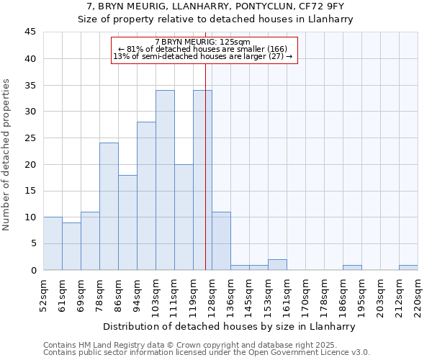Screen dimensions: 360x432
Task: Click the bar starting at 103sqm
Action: click(165, 180)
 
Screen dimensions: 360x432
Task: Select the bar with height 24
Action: click(109, 207)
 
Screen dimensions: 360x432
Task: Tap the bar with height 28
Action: click(146, 196)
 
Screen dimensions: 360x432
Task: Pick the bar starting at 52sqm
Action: click(53, 243)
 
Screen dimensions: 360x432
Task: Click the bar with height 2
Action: click(277, 265)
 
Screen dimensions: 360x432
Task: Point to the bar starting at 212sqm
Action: click(408, 268)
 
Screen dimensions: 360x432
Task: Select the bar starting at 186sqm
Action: click(352, 268)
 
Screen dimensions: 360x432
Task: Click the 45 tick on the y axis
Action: click(30, 32)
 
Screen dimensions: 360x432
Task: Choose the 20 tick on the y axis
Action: click(30, 164)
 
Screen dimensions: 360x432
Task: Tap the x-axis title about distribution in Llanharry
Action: click(230, 326)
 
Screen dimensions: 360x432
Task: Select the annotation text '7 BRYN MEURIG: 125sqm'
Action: click(203, 42)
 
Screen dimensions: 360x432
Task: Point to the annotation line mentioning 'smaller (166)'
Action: click(203, 49)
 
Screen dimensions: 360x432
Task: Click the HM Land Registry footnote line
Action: click(190, 345)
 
